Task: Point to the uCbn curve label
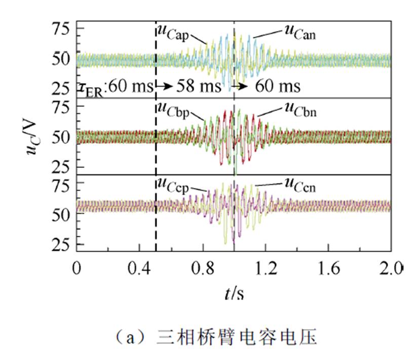(x=299, y=111)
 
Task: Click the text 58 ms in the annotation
(x=199, y=86)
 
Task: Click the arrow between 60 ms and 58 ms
(x=164, y=86)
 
